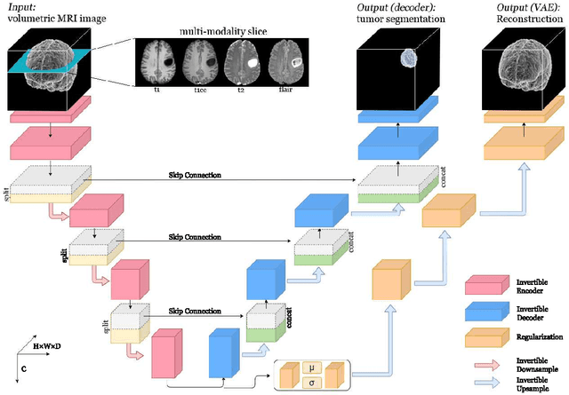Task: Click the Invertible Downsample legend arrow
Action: pos(485,363)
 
